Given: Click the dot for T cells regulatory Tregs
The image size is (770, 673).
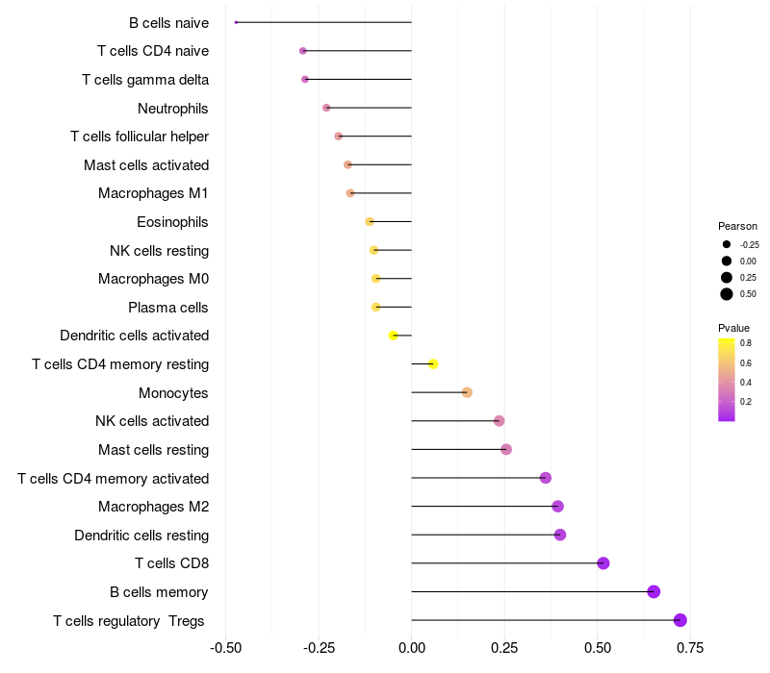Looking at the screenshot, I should tap(680, 620).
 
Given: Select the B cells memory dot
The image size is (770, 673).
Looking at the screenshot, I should tap(654, 591).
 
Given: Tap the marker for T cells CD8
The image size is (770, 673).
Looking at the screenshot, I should tap(603, 563).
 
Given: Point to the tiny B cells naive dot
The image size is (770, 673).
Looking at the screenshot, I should tap(236, 22).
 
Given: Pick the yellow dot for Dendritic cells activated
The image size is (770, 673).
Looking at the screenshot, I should tap(393, 336).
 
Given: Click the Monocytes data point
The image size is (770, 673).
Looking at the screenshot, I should tap(467, 392).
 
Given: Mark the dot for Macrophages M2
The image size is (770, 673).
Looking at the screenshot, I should tap(557, 507).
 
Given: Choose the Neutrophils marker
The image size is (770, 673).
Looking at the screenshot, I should tap(326, 108).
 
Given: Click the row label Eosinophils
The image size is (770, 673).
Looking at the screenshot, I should tap(172, 222).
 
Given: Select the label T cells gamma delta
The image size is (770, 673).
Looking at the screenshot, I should tap(145, 79).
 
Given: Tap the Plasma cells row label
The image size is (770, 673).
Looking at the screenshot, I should tap(168, 308).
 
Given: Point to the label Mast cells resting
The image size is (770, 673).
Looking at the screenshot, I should tap(153, 449).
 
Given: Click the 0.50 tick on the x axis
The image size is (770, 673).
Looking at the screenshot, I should tap(598, 648).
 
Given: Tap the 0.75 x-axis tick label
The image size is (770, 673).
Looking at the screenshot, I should tap(689, 648).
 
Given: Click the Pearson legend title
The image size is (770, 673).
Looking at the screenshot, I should tap(738, 226).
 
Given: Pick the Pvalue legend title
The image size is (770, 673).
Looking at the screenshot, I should tap(733, 328).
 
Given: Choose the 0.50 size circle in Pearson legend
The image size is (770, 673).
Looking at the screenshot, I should tap(727, 294).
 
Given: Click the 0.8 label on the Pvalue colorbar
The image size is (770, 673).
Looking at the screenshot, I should tap(746, 342).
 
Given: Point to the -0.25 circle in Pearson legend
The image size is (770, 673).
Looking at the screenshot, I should tap(727, 244).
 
